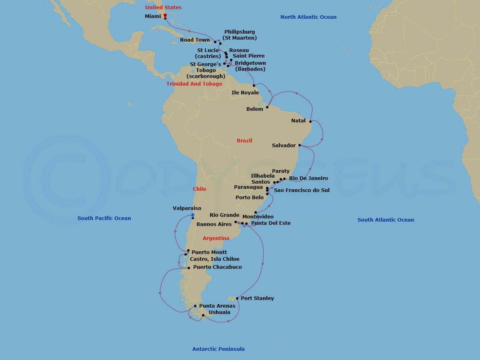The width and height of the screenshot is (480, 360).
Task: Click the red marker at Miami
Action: point(165,16)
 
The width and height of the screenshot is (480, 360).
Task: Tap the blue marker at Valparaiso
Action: point(192,216)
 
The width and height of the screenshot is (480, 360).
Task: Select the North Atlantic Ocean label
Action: point(308,17)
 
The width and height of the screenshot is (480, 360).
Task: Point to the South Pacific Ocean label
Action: point(104,218)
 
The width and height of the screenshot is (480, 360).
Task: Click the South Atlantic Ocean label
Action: point(386,220)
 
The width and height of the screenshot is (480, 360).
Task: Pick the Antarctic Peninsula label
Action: point(218,349)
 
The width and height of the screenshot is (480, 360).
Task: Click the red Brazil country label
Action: point(244,140)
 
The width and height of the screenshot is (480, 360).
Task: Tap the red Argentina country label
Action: point(216,238)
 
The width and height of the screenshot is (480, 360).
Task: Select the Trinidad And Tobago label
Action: point(194,84)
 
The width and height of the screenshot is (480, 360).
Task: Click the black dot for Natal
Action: point(310,121)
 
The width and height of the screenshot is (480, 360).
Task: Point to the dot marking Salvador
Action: point(300,146)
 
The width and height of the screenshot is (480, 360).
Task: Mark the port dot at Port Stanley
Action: point(237,298)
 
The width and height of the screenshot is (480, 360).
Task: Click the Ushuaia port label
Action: point(219,312)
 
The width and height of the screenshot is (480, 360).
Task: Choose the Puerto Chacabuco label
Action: point(217,267)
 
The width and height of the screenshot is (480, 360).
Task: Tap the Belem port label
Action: point(255,109)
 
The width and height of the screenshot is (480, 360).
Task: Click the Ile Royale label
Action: point(245,93)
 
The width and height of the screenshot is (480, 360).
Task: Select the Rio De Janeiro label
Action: point(308,178)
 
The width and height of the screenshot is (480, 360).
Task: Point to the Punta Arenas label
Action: point(217,306)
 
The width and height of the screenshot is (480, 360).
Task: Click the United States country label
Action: point(163,7)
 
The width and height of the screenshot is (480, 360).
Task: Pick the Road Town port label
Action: point(195,40)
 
